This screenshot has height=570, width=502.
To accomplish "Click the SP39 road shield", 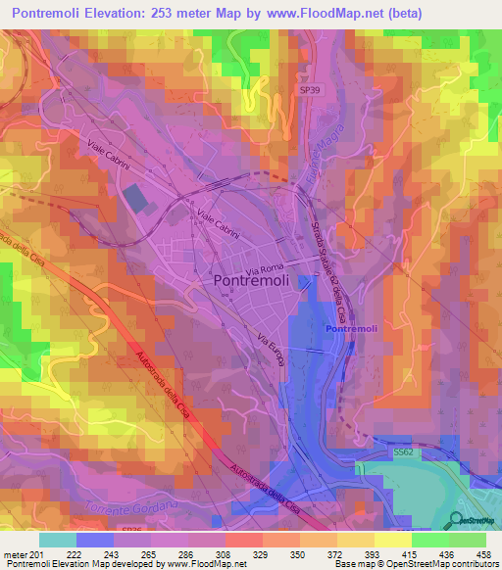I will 309,88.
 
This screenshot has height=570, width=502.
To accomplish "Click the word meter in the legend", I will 15,554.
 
